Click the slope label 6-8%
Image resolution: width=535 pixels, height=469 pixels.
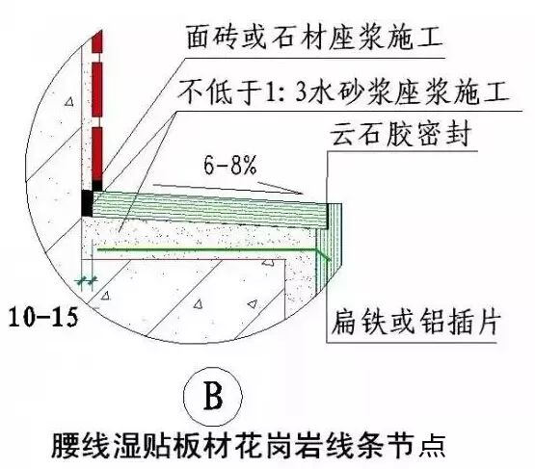[229, 166]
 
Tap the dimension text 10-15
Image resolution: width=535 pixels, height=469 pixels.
[43, 318]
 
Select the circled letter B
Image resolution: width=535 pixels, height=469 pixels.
[213, 397]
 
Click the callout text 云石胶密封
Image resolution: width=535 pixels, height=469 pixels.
[401, 134]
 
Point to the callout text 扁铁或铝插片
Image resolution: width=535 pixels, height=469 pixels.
[416, 321]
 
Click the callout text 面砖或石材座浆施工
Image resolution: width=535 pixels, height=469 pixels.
[314, 38]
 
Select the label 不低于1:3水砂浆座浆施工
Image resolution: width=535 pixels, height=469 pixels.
[343, 91]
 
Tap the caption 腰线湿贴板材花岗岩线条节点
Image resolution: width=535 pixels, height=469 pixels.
[248, 446]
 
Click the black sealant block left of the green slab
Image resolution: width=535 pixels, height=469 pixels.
[87, 203]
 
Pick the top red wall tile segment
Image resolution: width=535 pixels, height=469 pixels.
[97, 42]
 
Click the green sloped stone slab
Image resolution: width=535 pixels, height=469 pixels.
[210, 209]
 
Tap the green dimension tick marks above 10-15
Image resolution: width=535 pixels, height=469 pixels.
[87, 281]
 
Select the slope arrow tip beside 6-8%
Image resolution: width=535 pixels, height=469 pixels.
[303, 194]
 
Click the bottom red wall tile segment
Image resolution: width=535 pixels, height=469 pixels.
[97, 153]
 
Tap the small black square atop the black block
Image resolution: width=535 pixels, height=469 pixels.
[97, 185]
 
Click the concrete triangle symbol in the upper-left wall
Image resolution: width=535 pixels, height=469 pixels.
[69, 101]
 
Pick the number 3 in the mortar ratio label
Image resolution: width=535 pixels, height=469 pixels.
[301, 92]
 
